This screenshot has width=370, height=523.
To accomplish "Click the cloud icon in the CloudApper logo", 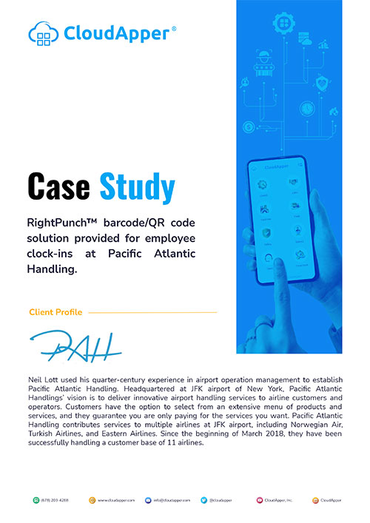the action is coord(42,32).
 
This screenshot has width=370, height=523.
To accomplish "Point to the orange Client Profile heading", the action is coord(55,312).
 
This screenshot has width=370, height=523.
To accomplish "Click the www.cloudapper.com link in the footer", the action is coord(117,501).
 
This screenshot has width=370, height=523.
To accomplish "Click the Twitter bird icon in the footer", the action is coord(203,501).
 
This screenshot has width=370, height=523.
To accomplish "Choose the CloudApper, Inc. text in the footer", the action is coord(281,501).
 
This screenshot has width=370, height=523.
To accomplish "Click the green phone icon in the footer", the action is coord(36,501).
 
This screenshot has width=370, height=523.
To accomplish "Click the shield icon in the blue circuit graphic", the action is coord(321,81).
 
